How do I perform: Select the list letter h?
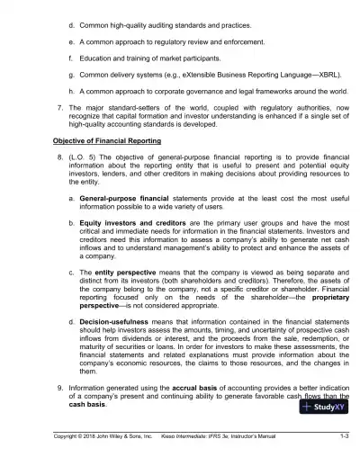(71, 92)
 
